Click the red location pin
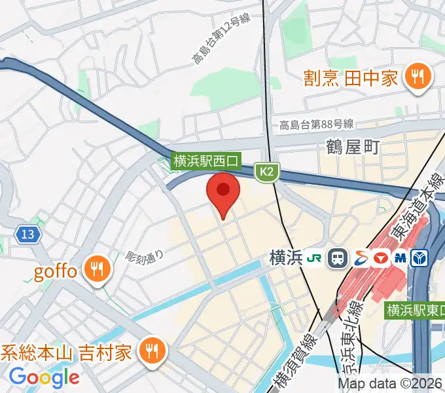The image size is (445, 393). tap(223, 191)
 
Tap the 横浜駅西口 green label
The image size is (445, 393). tap(207, 160)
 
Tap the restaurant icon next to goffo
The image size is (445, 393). tap(98, 269)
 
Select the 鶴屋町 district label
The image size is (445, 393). tap(353, 147)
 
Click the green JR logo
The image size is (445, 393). tap(314, 258)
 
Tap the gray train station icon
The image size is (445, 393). tap(338, 258)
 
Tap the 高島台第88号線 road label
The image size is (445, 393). tap(317, 124)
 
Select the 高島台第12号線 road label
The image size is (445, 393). tap(222, 41)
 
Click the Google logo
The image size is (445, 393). tap(44, 377)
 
